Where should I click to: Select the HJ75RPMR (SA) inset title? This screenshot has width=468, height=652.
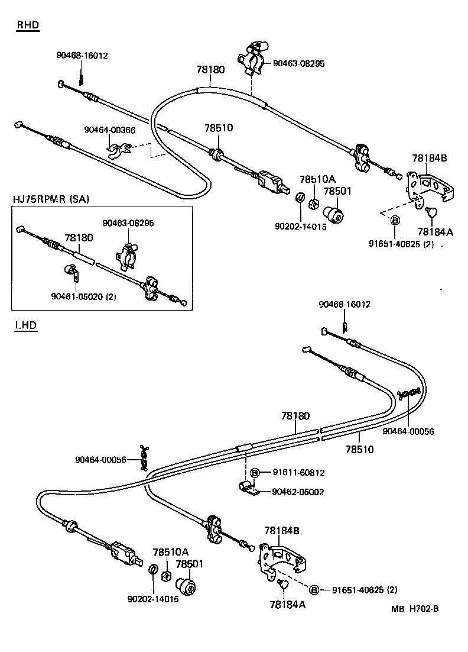click(x=51, y=199)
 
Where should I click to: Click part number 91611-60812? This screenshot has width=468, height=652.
click(x=298, y=473)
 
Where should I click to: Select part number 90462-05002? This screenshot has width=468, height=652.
click(x=298, y=492)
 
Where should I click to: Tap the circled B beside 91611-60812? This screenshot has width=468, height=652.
click(x=255, y=473)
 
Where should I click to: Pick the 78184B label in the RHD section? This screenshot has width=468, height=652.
click(x=429, y=158)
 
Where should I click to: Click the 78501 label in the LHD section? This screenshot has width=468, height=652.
click(x=188, y=564)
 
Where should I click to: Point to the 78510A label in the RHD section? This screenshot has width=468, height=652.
click(x=317, y=179)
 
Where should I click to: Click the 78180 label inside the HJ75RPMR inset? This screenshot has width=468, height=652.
click(x=79, y=238)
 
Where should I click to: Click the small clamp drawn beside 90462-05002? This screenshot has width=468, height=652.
click(x=246, y=488)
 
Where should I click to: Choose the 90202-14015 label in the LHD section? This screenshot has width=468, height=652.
click(x=153, y=599)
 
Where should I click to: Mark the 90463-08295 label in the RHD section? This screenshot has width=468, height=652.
click(x=298, y=63)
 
